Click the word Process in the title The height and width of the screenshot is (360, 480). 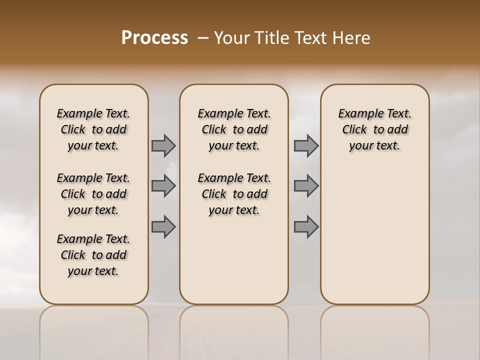pos(154,38)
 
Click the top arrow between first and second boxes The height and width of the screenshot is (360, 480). pos(163,145)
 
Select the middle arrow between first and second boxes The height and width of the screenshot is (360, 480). pos(163,186)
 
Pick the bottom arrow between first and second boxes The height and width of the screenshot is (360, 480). pos(163,226)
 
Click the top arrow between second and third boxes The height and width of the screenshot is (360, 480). pos(306,145)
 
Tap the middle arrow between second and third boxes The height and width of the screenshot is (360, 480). pos(306,186)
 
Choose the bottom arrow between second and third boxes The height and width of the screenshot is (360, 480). pos(306,226)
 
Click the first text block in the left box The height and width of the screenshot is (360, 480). pos(93,129)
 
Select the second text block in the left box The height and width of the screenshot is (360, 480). pos(93,194)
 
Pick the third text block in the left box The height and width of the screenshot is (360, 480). pos(93,255)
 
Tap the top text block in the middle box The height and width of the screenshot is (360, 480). pos(234,129)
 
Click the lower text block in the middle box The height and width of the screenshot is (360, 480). pos(234,194)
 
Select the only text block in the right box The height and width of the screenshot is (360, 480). pos(375,129)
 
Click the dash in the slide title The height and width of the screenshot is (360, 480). pos(203,38)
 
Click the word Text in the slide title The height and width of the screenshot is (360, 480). pos(310,38)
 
